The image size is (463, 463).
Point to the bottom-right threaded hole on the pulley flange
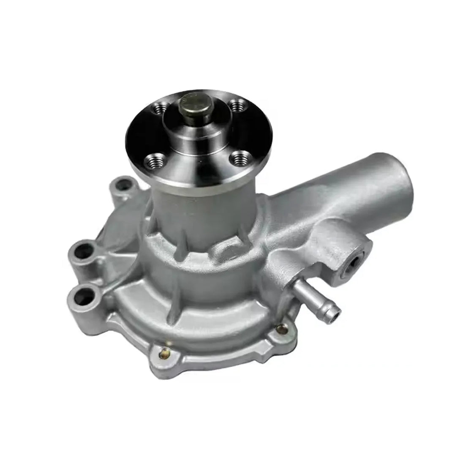pyautogui.click(x=239, y=160)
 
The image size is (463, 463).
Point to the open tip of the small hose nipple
pyautogui.click(x=335, y=315)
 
